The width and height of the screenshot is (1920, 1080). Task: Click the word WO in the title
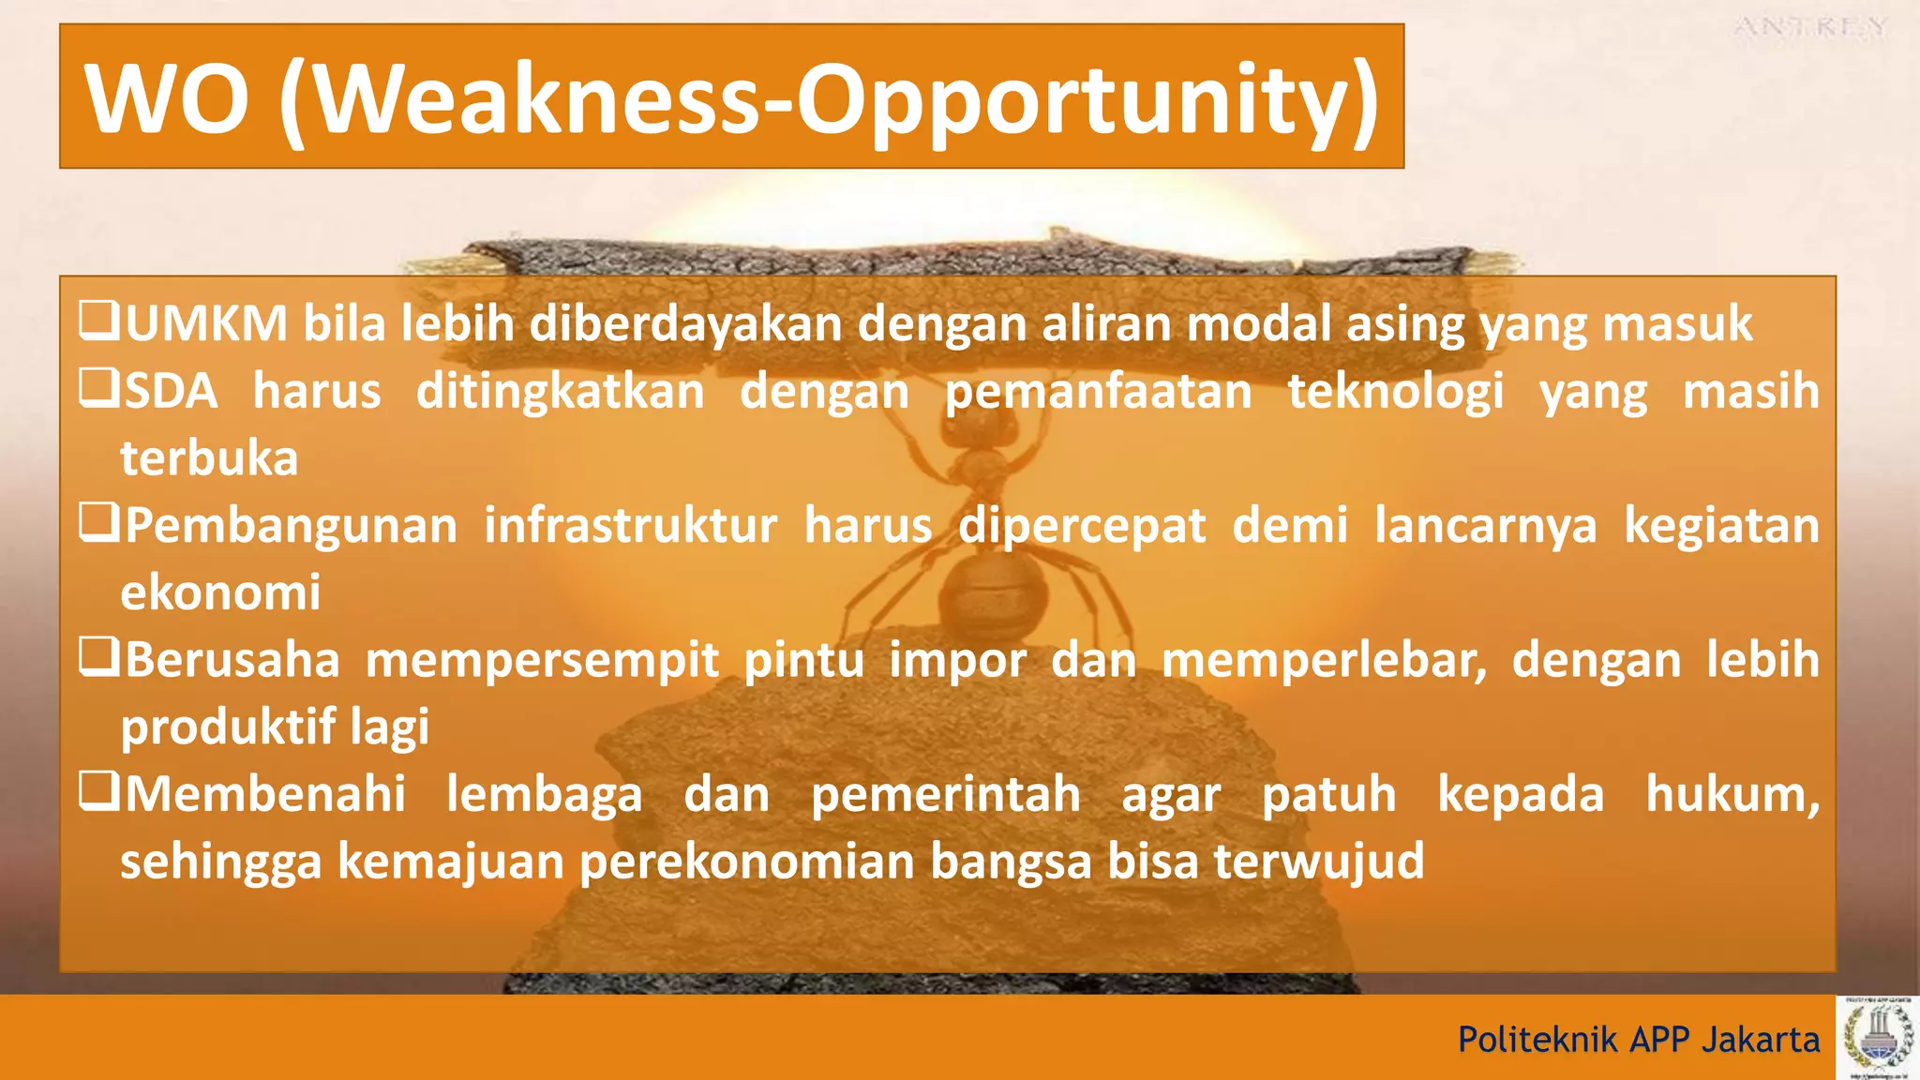point(167,98)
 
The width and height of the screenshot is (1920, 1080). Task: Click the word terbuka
point(209,458)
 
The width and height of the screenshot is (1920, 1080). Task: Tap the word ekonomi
point(220,592)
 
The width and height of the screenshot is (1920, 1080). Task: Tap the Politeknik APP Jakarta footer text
point(1638,1040)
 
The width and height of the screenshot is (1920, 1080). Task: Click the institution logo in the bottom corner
point(1878,1038)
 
